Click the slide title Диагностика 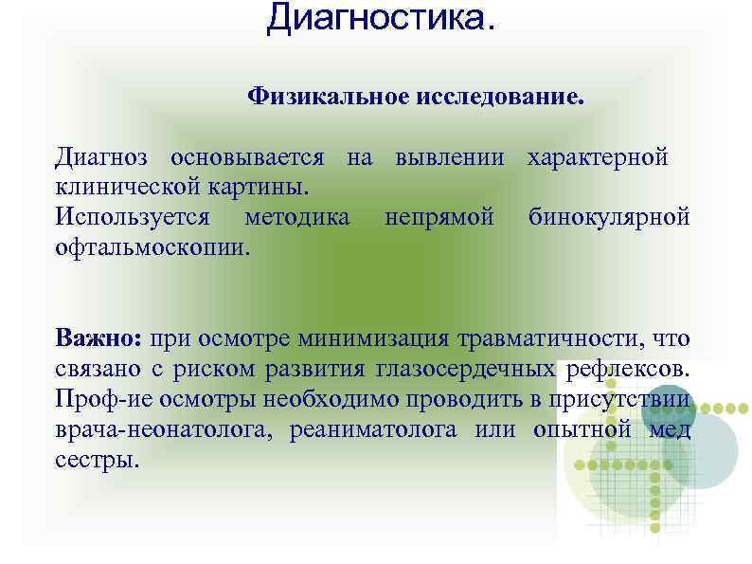coord(380,18)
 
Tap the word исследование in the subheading coord(498,97)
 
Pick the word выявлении coord(449,155)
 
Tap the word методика coord(296,217)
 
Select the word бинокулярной coord(609,217)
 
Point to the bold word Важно coord(98,337)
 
